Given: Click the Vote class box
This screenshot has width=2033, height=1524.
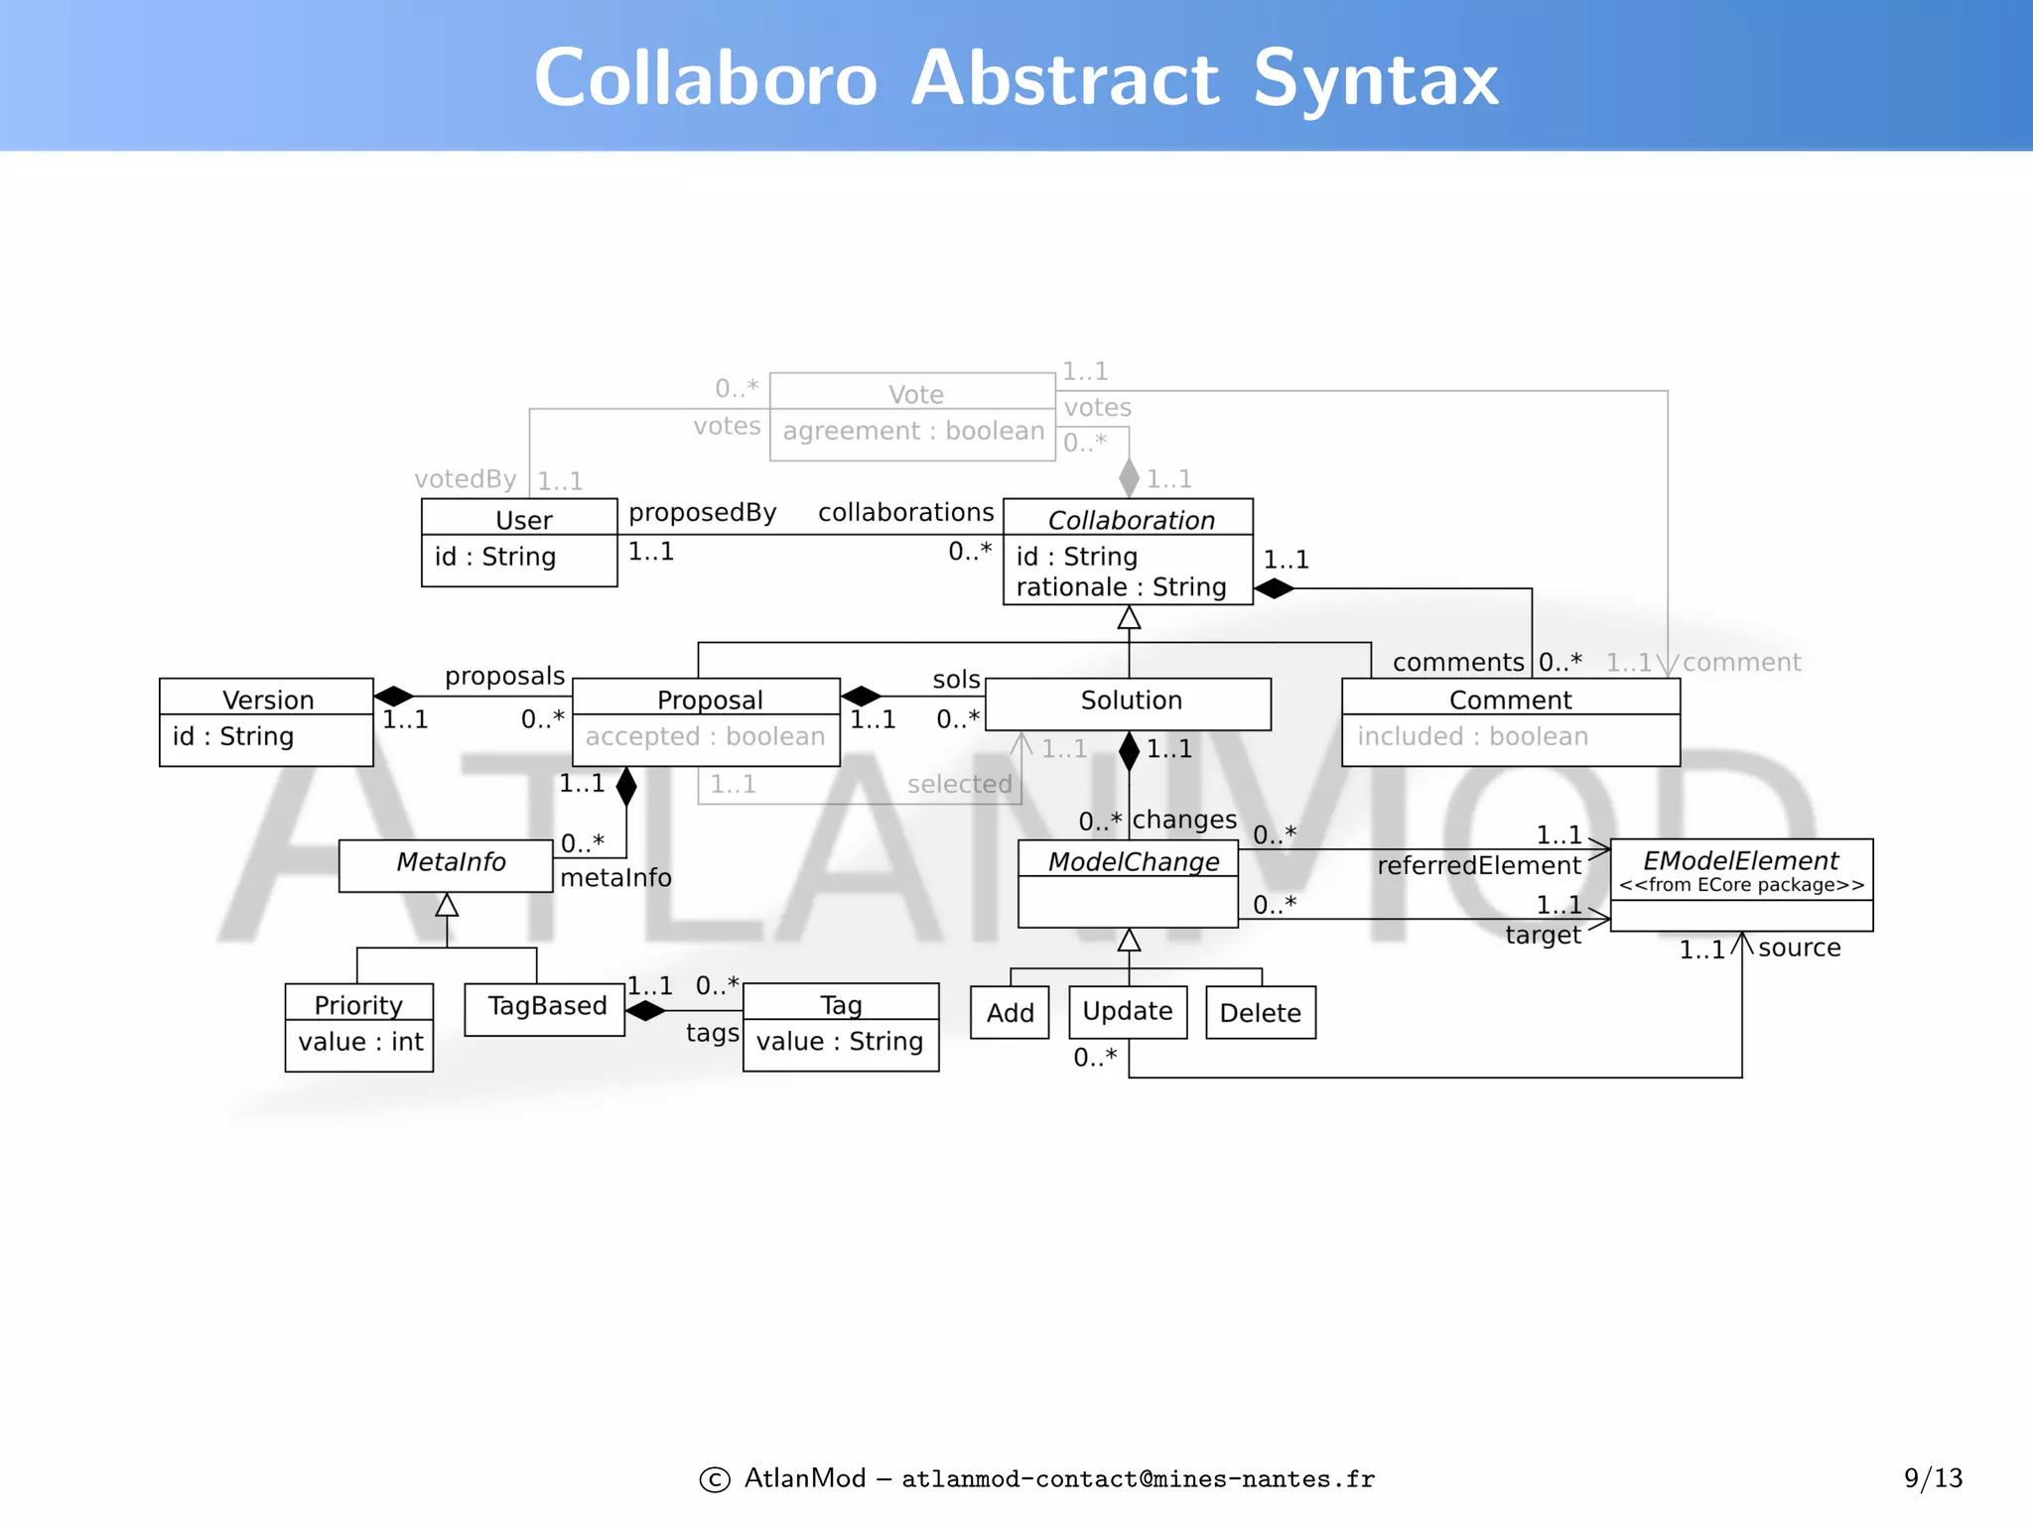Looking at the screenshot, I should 912,417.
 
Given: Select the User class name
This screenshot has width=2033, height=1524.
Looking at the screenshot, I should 523,520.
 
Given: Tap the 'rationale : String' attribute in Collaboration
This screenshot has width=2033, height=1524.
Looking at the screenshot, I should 1121,587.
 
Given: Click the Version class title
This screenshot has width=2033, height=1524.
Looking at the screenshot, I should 268,699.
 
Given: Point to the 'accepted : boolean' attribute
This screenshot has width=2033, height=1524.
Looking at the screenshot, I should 705,736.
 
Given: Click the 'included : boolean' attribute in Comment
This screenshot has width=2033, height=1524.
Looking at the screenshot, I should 1472,736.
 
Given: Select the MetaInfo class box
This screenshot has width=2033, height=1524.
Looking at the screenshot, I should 446,865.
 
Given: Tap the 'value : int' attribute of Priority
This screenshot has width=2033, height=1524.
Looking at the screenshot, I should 360,1042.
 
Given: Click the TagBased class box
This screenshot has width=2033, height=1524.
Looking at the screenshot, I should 545,1009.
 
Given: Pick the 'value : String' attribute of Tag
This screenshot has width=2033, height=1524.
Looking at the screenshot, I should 840,1042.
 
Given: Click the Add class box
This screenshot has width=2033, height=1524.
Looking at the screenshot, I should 1010,1013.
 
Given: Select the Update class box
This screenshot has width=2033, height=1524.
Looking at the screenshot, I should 1128,1012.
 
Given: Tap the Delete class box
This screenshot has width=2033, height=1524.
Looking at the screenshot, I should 1260,1013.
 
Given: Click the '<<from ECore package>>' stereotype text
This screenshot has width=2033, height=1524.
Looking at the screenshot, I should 1741,885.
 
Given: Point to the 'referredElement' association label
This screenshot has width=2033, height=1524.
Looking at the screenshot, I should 1478,866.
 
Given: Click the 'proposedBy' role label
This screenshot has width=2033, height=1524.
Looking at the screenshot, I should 702,513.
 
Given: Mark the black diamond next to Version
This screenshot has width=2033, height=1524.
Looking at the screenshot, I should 394,696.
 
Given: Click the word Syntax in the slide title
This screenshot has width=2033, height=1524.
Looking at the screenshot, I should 1375,79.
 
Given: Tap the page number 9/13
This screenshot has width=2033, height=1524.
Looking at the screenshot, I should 1933,1478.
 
